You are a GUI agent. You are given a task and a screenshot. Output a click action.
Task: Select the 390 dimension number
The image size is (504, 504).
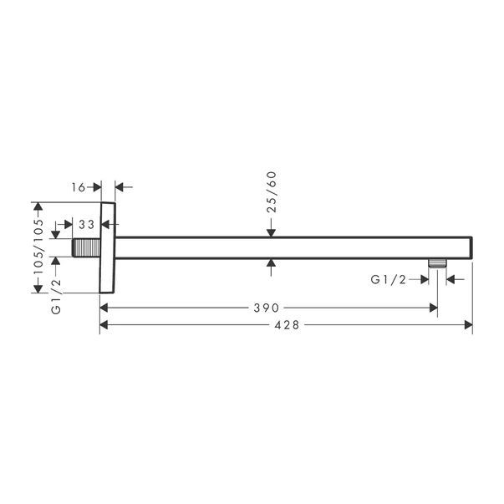pyautogui.click(x=267, y=308)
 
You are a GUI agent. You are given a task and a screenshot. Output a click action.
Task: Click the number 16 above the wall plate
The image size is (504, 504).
pyautogui.click(x=78, y=187)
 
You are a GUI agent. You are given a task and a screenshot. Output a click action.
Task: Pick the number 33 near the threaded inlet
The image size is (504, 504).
pyautogui.click(x=85, y=225)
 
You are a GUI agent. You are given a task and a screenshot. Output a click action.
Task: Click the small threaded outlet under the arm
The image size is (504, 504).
pyautogui.click(x=433, y=263)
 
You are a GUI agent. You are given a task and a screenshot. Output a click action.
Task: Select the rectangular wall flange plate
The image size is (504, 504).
pyautogui.click(x=107, y=247)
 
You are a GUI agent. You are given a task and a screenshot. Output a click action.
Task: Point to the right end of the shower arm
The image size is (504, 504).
pyautogui.click(x=470, y=247)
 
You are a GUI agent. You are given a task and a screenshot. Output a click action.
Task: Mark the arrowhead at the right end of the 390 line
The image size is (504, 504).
pyautogui.click(x=432, y=308)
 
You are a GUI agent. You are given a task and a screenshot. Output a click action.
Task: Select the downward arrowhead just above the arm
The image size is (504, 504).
pyautogui.click(x=271, y=232)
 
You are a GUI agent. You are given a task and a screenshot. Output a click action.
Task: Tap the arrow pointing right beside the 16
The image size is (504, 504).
pyautogui.click(x=96, y=187)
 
